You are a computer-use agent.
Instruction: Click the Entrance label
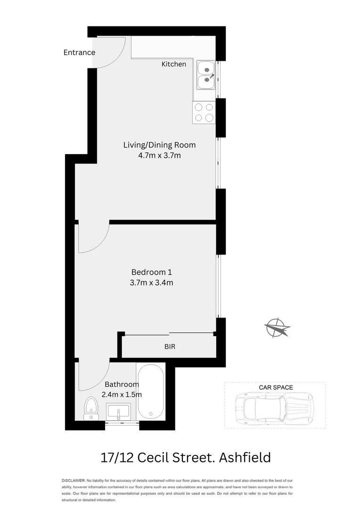coord(79,52)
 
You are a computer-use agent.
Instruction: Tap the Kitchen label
coord(173,64)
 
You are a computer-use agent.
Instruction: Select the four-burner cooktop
coord(204,113)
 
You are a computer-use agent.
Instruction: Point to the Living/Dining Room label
coord(159,145)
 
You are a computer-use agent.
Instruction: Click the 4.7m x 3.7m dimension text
coord(159,156)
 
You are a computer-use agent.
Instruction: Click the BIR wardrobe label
coord(170,346)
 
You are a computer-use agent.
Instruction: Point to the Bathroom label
coord(122,384)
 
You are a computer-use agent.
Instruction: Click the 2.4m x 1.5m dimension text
coord(122,395)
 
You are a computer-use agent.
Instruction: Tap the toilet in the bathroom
coord(90,409)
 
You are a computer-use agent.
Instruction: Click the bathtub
coord(151,391)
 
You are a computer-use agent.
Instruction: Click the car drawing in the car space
coord(274,405)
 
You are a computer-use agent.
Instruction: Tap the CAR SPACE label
coord(276,387)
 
